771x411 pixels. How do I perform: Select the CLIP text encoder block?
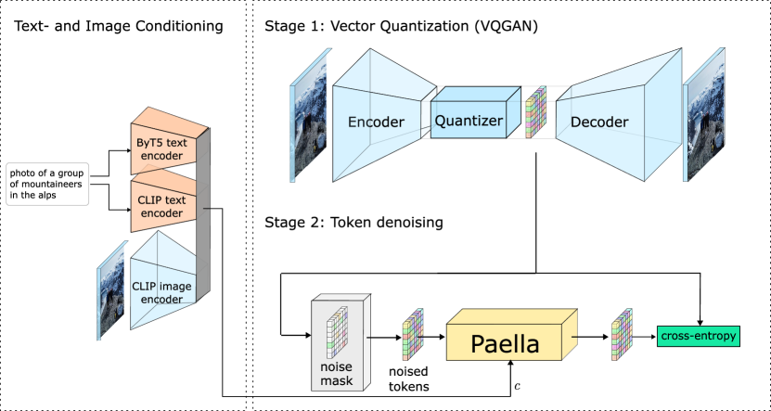[162, 206]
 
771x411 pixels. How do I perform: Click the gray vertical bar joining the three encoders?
[203, 232]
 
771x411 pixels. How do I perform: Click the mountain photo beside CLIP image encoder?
[111, 289]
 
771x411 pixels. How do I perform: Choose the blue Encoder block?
[375, 121]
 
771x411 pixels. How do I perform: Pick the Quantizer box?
[469, 121]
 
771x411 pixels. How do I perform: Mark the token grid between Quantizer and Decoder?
[536, 112]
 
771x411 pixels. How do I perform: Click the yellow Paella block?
[506, 343]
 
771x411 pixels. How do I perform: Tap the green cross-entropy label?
[699, 336]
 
